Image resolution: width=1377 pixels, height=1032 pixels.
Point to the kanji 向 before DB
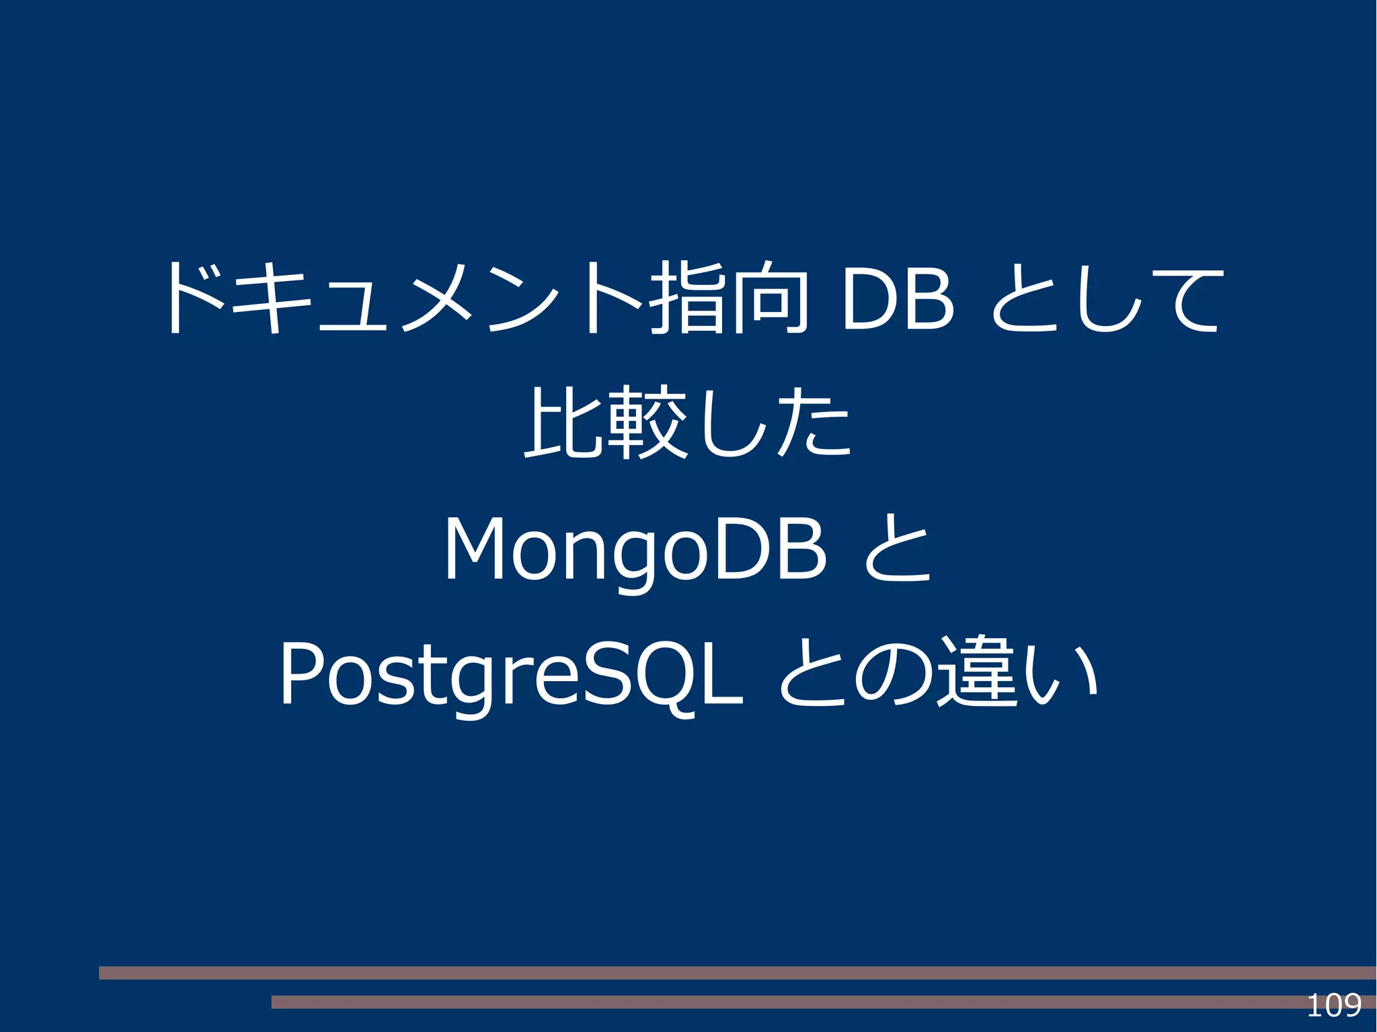pos(770,297)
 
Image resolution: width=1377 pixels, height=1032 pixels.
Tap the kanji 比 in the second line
pos(561,422)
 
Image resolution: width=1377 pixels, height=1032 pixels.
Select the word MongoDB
pos(635,548)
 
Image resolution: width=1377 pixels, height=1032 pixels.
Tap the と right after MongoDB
pos(898,548)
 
